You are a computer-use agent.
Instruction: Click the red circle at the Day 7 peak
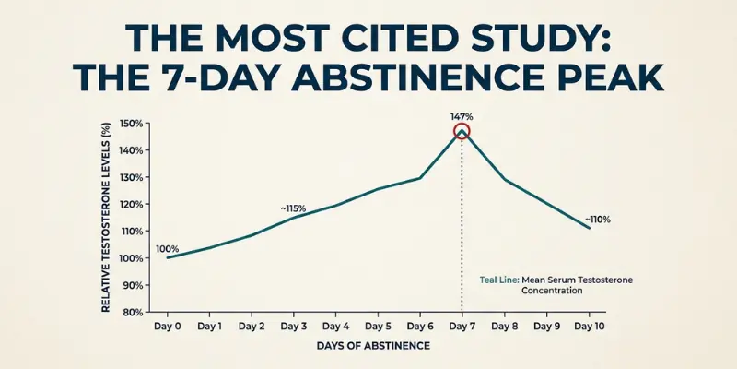coord(462,131)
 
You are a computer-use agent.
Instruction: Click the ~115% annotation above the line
coord(293,208)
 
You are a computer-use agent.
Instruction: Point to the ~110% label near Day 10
coord(597,220)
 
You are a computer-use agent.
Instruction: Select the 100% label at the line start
coord(168,249)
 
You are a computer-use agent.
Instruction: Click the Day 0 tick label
coord(167,327)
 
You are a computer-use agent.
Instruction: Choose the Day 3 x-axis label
coord(293,327)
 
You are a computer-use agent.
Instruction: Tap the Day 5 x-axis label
coord(378,327)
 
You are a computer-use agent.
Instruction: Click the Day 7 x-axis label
coord(462,327)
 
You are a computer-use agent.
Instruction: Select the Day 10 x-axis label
coord(590,327)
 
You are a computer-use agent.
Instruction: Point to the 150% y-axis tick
coord(132,124)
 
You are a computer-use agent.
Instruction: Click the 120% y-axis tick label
coord(132,204)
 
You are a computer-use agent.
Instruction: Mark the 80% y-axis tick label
coord(135,312)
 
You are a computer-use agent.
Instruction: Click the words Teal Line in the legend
coord(499,278)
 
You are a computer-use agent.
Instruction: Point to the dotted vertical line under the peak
coord(462,231)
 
